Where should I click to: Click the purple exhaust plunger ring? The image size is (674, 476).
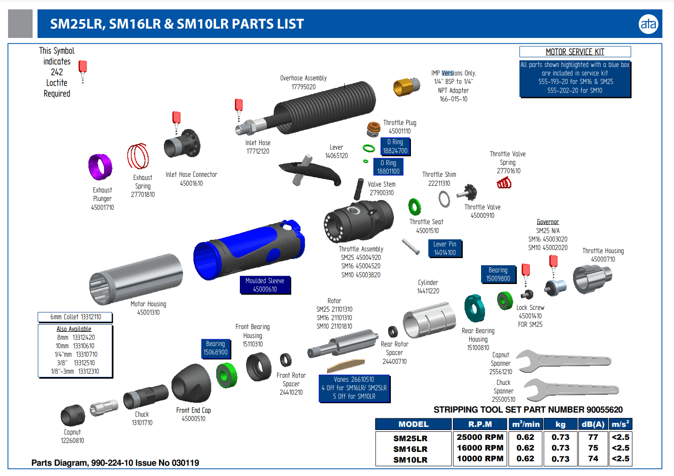click(100, 167)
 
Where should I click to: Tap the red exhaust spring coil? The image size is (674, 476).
click(138, 157)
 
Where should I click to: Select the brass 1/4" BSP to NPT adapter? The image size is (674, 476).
click(406, 86)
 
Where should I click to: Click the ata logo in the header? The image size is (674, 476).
click(648, 24)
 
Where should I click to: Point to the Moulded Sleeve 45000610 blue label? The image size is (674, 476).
click(265, 285)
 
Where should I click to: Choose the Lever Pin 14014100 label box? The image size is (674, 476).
click(445, 248)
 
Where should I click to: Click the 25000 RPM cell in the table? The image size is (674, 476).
click(480, 437)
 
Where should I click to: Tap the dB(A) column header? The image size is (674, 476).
click(593, 424)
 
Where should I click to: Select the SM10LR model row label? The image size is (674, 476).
click(410, 459)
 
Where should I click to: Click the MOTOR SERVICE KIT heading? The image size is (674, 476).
click(575, 52)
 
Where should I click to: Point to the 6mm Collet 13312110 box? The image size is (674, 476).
click(75, 317)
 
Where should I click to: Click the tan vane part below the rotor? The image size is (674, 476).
click(346, 365)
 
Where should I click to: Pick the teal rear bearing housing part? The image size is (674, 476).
click(474, 308)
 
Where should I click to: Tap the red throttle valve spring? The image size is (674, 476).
click(504, 183)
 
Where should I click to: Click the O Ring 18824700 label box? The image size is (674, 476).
click(395, 146)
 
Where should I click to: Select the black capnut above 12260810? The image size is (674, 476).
click(73, 415)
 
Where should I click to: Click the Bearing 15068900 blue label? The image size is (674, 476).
click(215, 348)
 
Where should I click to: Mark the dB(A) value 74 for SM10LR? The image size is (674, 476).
click(593, 459)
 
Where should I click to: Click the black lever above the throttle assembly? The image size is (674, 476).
click(310, 171)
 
